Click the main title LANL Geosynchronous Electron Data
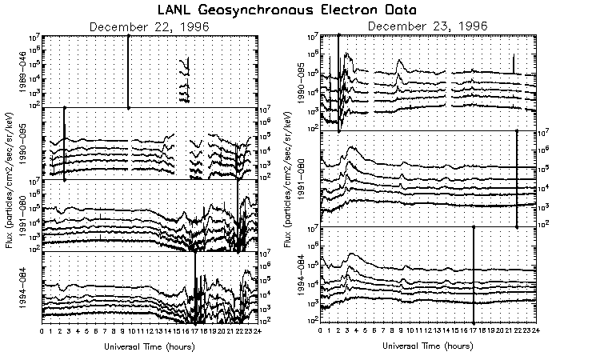[x=306, y=10]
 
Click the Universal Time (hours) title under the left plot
[x=149, y=346]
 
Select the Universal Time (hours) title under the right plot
[x=428, y=346]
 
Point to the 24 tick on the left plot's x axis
[x=255, y=330]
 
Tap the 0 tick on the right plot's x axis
[x=321, y=330]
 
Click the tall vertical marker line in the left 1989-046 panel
[x=129, y=72]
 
